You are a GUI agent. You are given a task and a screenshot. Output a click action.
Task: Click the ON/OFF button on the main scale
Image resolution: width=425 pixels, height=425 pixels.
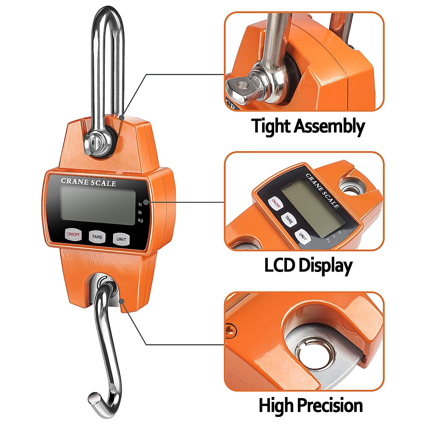click(73, 234)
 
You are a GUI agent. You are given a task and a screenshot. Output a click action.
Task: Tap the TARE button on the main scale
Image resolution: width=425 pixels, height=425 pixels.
click(97, 237)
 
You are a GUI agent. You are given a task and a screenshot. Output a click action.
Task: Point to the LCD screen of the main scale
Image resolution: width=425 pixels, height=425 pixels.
click(98, 206)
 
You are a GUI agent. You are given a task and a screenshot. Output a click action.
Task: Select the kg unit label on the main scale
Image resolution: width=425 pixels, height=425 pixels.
click(141, 221)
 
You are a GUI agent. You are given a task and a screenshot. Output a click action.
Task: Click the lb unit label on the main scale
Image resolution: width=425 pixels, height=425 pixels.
click(140, 212)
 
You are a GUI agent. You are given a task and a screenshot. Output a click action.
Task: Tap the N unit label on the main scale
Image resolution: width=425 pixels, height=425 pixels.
click(140, 204)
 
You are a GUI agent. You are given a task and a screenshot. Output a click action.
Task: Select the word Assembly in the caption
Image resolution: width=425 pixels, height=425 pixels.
click(329, 126)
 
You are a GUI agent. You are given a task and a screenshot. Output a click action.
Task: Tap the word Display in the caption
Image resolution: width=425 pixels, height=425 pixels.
click(325, 266)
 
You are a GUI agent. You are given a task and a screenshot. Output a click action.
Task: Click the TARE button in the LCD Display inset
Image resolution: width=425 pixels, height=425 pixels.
click(289, 220)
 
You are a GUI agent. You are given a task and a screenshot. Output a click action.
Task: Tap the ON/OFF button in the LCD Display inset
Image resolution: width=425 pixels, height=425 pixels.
click(276, 204)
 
